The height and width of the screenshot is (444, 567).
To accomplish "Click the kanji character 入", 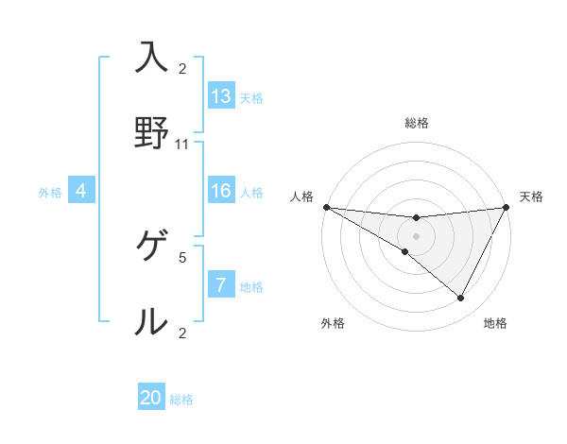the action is pyautogui.click(x=151, y=58).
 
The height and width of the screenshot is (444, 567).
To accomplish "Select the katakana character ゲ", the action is pyautogui.click(x=151, y=248).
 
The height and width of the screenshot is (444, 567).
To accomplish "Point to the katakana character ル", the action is pyautogui.click(x=151, y=321).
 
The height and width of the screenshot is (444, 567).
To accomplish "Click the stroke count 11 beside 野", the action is pyautogui.click(x=182, y=145).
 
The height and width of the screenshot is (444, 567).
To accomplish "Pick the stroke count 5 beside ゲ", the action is pyautogui.click(x=182, y=256).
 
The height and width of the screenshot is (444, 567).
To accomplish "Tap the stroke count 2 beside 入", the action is pyautogui.click(x=182, y=69).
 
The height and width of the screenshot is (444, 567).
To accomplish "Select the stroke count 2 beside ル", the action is pyautogui.click(x=182, y=332).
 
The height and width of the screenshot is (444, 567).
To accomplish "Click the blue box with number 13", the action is pyautogui.click(x=221, y=95).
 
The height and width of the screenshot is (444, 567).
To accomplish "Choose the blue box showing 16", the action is pyautogui.click(x=221, y=191).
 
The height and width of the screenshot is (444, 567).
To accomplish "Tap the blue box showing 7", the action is pyautogui.click(x=221, y=285).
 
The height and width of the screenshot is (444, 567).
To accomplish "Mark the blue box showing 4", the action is pyautogui.click(x=81, y=191).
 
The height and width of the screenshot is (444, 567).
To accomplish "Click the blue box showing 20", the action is pyautogui.click(x=151, y=398).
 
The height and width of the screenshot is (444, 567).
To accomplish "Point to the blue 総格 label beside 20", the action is pyautogui.click(x=181, y=400).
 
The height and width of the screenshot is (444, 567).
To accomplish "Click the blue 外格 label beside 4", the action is pyautogui.click(x=50, y=193).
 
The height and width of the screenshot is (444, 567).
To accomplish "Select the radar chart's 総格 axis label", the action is pyautogui.click(x=417, y=123).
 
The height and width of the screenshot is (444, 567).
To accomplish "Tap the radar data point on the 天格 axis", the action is pyautogui.click(x=506, y=207).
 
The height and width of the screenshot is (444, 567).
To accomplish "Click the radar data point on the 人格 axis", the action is pyautogui.click(x=326, y=207).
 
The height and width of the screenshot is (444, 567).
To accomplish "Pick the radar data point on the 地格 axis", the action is pyautogui.click(x=461, y=299).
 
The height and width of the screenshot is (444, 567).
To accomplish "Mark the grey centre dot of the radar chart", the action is pyautogui.click(x=416, y=236).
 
